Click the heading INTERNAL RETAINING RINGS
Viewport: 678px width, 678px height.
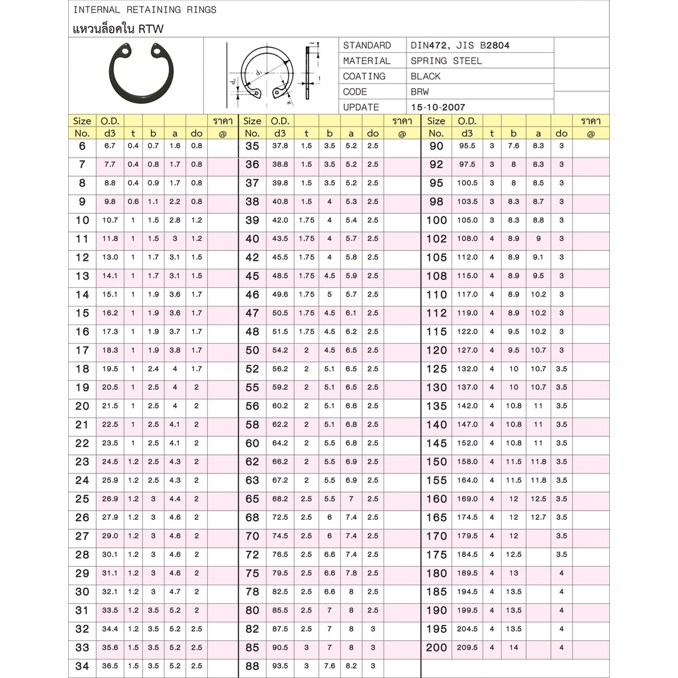(144, 10)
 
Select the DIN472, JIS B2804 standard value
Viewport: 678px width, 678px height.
(460, 45)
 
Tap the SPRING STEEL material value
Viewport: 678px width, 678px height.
(446, 60)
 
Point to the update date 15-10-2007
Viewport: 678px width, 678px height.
(437, 107)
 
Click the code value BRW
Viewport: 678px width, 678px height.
(420, 91)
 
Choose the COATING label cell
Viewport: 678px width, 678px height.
(364, 76)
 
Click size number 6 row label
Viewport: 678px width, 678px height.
(82, 146)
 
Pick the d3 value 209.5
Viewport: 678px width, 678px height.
(467, 648)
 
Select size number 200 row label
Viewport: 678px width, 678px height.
(436, 648)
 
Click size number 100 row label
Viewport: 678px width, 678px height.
(436, 220)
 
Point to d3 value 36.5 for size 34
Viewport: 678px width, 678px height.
(110, 666)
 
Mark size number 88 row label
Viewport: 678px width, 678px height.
(252, 666)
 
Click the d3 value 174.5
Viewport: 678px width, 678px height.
(467, 517)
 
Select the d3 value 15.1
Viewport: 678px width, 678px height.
(110, 294)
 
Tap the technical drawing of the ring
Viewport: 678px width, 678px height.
(271, 74)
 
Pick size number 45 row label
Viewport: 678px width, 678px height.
(252, 275)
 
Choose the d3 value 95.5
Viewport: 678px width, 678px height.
(467, 146)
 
